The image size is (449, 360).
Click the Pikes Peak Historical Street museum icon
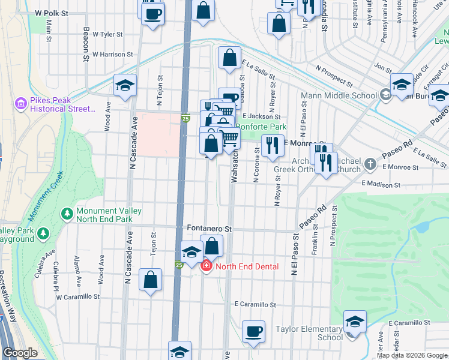click(21, 104)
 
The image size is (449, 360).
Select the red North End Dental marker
click(206, 266)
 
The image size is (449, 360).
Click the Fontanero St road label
click(209, 229)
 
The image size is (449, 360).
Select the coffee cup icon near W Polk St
click(152, 13)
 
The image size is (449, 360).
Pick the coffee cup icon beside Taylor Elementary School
click(253, 332)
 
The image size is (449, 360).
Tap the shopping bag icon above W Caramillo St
click(150, 280)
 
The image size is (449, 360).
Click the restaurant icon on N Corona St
click(273, 146)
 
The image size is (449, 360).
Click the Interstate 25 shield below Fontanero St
click(179, 265)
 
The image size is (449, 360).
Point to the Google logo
click(20, 353)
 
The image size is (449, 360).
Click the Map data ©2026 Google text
click(412, 355)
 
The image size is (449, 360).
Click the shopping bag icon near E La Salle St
click(229, 59)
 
